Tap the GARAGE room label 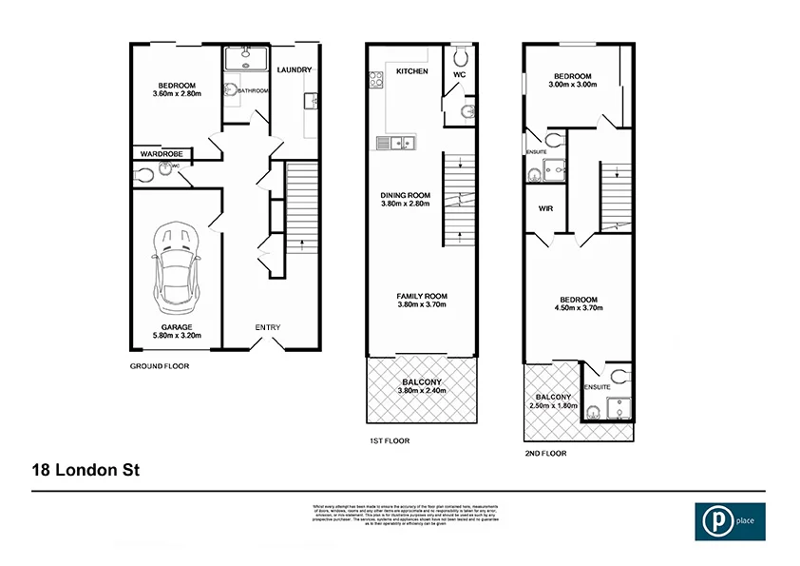[176, 326]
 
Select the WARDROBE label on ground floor [162, 153]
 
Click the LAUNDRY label [294, 70]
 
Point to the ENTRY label [268, 327]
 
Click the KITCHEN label [412, 71]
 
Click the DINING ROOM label [406, 196]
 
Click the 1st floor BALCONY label [421, 381]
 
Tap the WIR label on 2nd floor [545, 208]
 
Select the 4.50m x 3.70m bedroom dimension [578, 307]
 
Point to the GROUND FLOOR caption [159, 365]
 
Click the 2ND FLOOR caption [545, 454]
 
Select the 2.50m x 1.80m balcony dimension [553, 406]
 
